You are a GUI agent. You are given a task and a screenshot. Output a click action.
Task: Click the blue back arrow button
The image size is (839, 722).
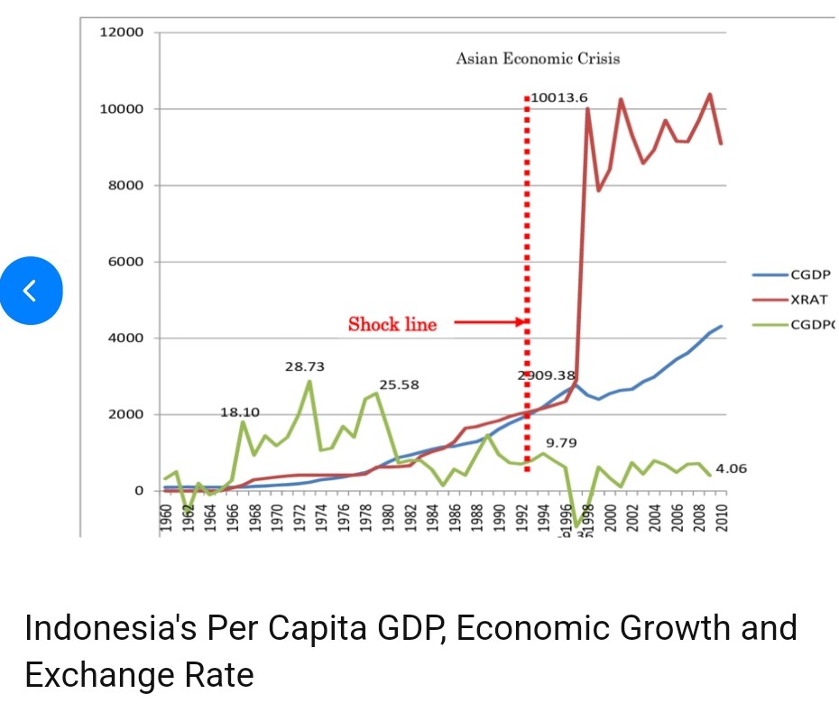pos(31,291)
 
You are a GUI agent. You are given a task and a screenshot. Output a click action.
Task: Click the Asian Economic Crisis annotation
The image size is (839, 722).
pos(538,59)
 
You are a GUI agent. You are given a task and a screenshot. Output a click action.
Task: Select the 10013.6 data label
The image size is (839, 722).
pos(559,96)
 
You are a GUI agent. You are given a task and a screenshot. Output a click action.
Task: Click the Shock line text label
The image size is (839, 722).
pos(392,325)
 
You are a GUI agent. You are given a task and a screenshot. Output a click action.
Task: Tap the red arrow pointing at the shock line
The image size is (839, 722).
pos(488,321)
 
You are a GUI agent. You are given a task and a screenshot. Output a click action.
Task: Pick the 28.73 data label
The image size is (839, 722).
pos(305,367)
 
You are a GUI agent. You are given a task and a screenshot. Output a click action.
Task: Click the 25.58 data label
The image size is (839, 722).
pos(399,384)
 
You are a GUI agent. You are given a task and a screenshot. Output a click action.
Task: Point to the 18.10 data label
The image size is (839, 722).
pos(240,412)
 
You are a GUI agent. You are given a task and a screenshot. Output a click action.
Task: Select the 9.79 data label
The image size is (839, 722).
pos(561,443)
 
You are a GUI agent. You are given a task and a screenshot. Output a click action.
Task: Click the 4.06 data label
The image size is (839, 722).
pos(731,469)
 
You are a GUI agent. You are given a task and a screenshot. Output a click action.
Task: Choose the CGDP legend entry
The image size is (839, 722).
pos(809,274)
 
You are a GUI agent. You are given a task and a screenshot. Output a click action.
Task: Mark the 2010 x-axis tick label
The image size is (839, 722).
pos(722,520)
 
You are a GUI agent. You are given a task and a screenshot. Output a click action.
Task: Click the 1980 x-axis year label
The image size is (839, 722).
pos(388,520)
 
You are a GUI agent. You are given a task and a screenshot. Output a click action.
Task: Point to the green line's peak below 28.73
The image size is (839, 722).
pos(309,381)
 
